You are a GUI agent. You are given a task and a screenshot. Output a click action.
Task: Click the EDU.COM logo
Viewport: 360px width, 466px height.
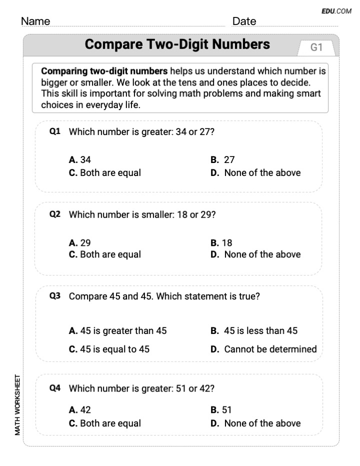pos(337,11)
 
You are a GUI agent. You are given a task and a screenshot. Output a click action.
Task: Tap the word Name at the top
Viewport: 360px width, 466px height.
pos(35,21)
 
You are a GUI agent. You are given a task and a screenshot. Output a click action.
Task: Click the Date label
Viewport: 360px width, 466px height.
pos(244,21)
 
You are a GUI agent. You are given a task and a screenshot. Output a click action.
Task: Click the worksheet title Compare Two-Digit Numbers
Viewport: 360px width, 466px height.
pos(177,44)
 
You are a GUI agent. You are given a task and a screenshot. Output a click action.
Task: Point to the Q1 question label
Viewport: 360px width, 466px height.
pos(55,132)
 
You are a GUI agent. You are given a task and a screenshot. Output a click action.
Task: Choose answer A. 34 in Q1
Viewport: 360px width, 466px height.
pos(80,160)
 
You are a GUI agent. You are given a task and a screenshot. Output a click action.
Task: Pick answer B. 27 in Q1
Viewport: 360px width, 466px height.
pos(222,160)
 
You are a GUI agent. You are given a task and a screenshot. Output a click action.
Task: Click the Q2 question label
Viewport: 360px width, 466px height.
pos(55,214)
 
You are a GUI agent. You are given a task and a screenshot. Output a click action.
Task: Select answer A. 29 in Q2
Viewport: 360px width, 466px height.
pos(80,243)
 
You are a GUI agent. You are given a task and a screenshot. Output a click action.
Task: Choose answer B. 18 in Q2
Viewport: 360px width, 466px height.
pos(221,243)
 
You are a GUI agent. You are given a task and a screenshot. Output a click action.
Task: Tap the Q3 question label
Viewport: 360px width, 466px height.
pos(55,296)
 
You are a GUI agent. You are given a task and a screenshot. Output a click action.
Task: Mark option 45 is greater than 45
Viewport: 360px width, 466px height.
pos(118,331)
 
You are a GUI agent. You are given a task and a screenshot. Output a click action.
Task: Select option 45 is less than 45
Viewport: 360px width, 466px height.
pos(254,331)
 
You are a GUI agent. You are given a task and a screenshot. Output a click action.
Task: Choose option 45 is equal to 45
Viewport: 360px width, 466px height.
pos(109,349)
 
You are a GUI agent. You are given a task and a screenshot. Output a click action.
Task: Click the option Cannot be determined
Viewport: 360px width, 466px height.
pos(263,349)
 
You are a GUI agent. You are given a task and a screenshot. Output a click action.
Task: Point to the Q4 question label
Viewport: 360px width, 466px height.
pos(55,388)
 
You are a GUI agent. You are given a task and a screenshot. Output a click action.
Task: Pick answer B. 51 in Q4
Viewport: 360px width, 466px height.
pos(221,410)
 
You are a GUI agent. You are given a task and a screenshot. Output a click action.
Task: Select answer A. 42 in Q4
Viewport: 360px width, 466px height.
pos(80,410)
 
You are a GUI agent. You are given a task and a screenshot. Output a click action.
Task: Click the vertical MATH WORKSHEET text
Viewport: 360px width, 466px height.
pos(17,404)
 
